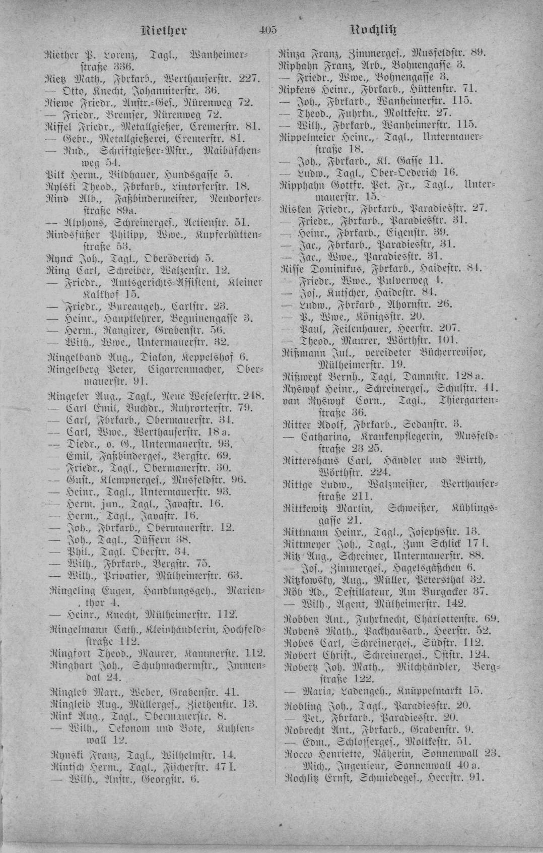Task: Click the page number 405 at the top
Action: pyautogui.click(x=267, y=30)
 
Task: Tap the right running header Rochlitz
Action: pyautogui.click(x=374, y=30)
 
